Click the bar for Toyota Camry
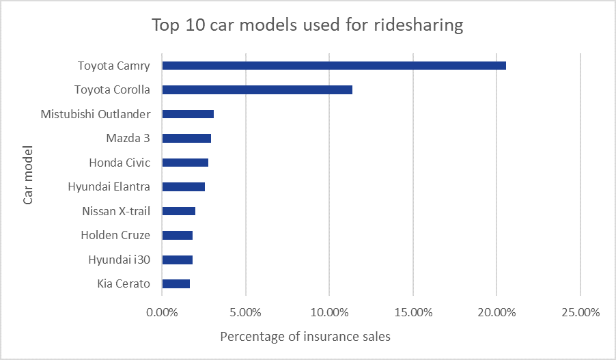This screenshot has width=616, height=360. pos(333,66)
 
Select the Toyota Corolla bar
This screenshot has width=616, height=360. pos(257,89)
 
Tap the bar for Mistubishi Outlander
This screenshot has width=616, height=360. pos(188,114)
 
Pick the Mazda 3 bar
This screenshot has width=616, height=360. pos(186,138)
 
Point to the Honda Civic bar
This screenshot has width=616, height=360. pos(185,163)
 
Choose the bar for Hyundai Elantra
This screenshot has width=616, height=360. pos(183,186)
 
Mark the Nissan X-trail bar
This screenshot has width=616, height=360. pos(178,211)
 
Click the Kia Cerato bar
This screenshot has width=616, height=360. pos(176,283)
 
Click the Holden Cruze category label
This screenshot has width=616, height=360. pos(115,235)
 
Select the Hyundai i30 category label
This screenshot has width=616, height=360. pos(119,260)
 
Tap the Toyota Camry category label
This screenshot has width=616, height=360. pos(113,66)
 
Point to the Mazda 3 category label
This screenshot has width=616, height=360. pos(128,138)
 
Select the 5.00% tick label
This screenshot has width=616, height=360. pos(245,312)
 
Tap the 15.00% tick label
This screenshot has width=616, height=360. pos(412,312)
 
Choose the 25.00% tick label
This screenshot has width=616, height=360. pos(580,312)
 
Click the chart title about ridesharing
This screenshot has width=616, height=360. pos(307,25)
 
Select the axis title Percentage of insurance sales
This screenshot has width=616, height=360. pos(305,337)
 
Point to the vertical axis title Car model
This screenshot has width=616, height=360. pos(28,174)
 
